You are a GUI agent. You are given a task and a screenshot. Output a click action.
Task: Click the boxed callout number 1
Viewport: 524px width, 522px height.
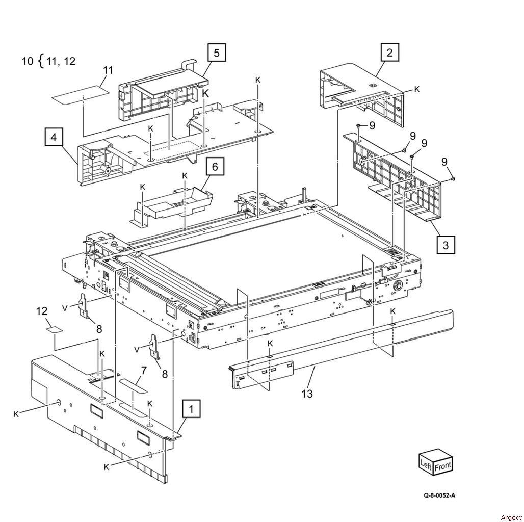pyautogui.click(x=191, y=409)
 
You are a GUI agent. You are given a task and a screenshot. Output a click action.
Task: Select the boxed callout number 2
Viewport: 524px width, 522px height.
pyautogui.click(x=389, y=53)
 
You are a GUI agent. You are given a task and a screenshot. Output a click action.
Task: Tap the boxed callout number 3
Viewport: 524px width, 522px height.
pyautogui.click(x=446, y=245)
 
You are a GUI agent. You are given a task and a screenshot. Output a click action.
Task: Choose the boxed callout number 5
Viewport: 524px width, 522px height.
pyautogui.click(x=217, y=53)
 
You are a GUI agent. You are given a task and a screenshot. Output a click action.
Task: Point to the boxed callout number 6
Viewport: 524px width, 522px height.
pyautogui.click(x=215, y=167)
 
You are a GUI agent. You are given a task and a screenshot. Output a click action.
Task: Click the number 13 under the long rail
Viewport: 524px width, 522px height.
pyautogui.click(x=307, y=393)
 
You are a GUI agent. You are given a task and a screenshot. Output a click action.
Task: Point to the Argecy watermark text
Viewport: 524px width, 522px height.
pyautogui.click(x=511, y=517)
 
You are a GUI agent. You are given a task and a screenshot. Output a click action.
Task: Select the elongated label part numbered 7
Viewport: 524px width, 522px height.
pyautogui.click(x=134, y=385)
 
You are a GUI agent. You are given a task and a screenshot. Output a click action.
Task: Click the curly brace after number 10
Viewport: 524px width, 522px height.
pyautogui.click(x=40, y=62)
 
